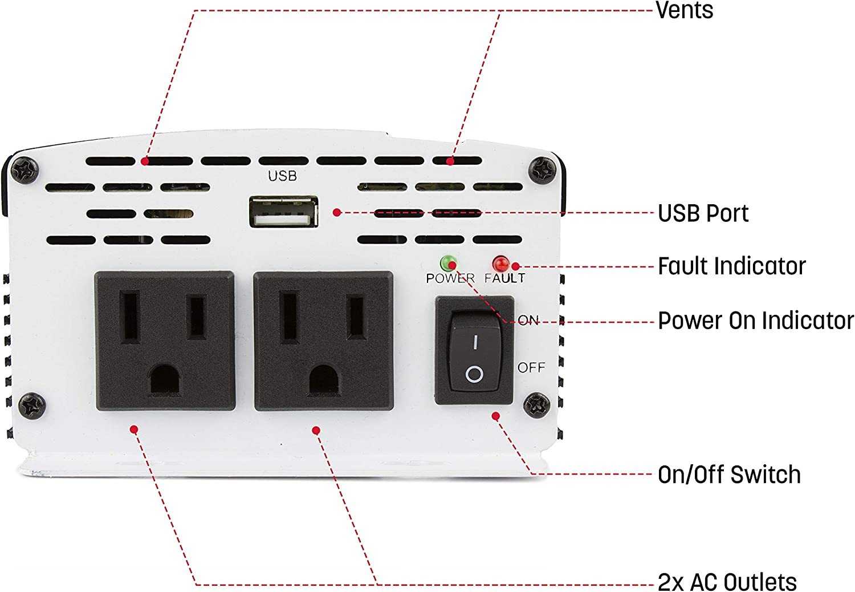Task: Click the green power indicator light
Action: (447, 263)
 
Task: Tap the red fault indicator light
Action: (500, 263)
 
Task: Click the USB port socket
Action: (284, 212)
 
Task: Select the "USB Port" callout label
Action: (703, 213)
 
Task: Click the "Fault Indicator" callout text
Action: (732, 266)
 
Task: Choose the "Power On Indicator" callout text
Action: (756, 321)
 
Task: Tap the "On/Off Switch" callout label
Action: (729, 475)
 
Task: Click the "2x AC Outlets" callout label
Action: (727, 582)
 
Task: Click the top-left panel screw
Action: (25, 170)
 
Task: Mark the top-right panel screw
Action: (543, 170)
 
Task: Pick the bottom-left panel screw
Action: (32, 406)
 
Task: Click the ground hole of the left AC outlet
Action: (165, 379)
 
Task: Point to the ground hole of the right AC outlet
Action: (324, 379)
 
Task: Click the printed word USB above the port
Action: (283, 176)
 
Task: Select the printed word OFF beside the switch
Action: (531, 367)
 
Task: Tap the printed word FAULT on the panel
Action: (504, 278)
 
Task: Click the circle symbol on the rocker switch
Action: (474, 374)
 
